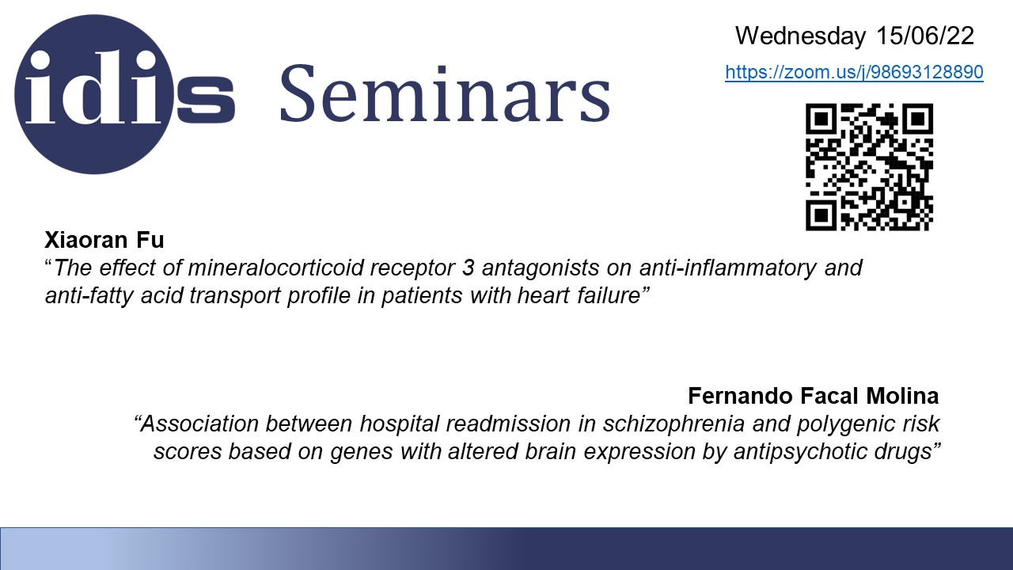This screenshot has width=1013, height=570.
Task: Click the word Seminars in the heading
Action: pyautogui.click(x=446, y=94)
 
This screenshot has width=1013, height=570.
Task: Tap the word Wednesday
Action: pyautogui.click(x=800, y=36)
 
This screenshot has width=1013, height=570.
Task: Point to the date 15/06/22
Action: pyautogui.click(x=925, y=36)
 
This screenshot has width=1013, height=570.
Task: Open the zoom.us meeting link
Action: pyautogui.click(x=854, y=72)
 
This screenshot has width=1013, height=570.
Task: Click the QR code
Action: pyautogui.click(x=869, y=167)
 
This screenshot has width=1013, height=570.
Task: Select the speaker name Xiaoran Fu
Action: pyautogui.click(x=104, y=240)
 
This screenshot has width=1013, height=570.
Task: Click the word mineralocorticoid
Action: pyautogui.click(x=275, y=268)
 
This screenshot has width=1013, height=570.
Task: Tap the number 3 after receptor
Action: pyautogui.click(x=468, y=268)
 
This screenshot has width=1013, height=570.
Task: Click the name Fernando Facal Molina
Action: pyautogui.click(x=813, y=396)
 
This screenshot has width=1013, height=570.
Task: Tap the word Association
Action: pyautogui.click(x=199, y=424)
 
